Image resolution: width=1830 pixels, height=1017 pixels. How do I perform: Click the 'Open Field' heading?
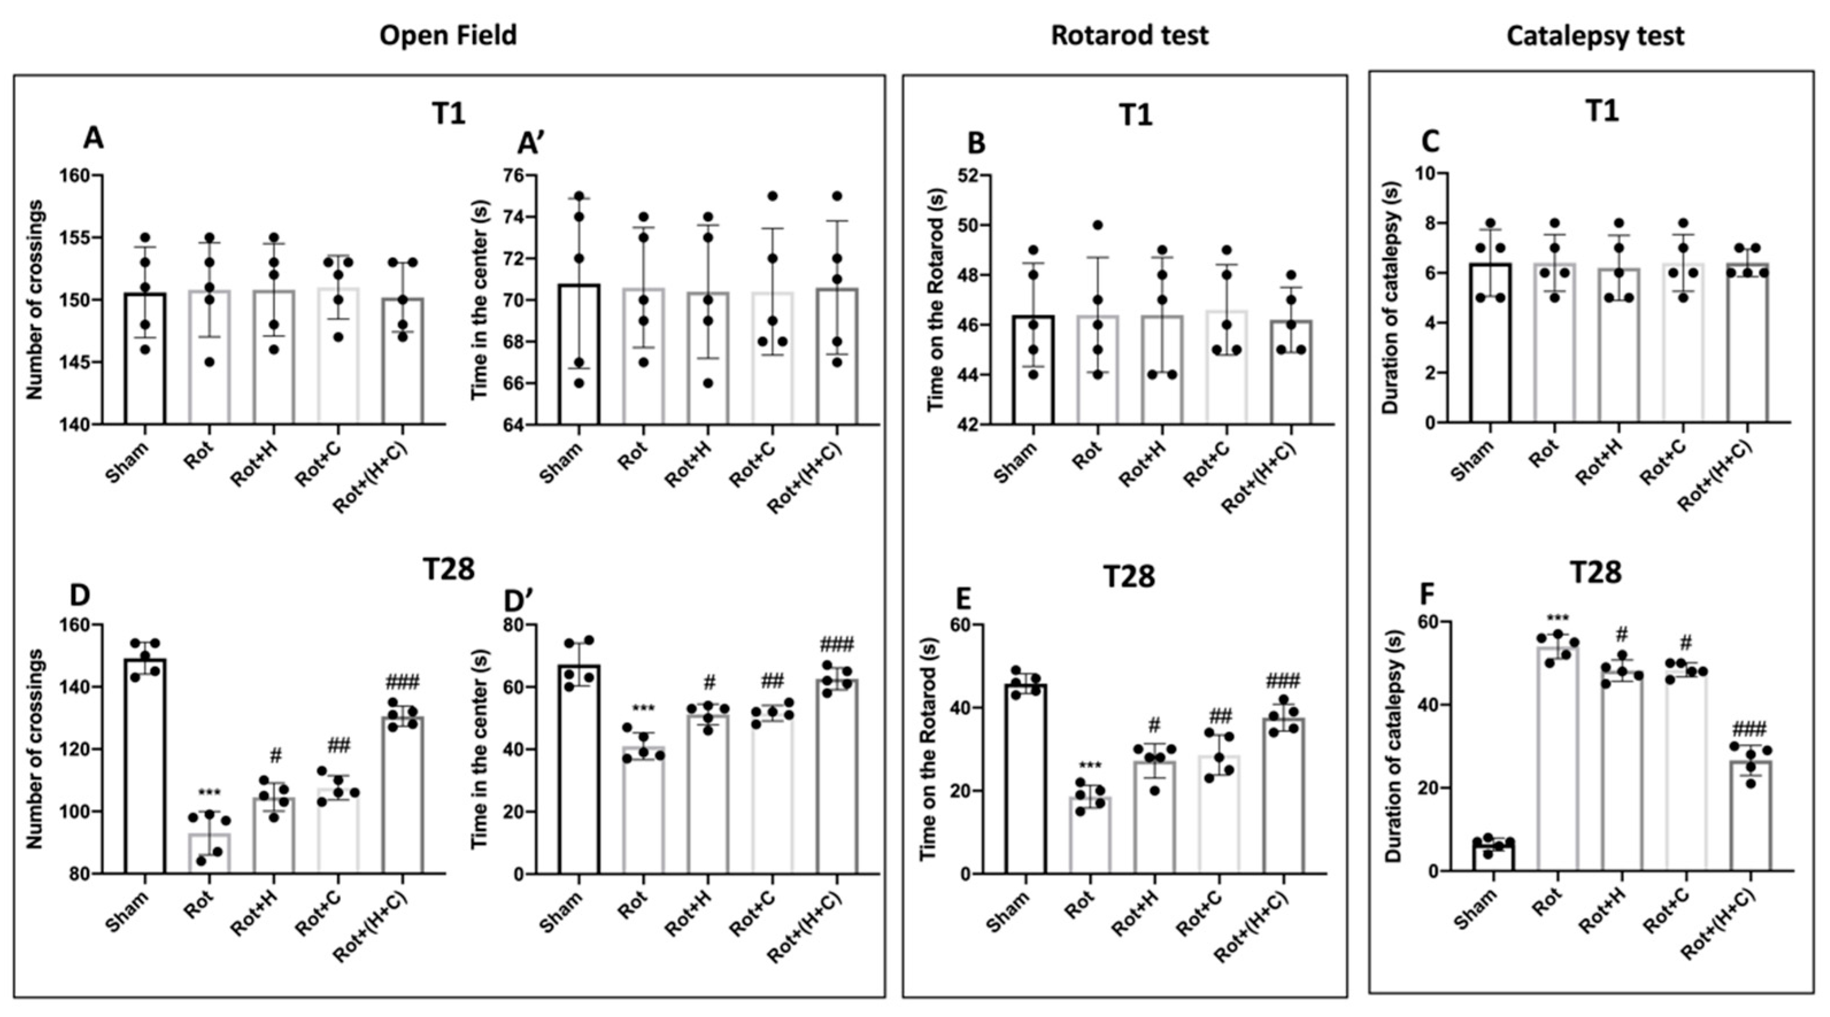[447, 35]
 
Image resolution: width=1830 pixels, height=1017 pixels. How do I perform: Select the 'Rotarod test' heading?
[1130, 35]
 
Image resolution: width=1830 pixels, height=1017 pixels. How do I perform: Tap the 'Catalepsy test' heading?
[1595, 36]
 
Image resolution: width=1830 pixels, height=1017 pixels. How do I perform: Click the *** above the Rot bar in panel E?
[1090, 766]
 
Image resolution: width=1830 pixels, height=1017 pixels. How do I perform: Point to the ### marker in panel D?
[402, 683]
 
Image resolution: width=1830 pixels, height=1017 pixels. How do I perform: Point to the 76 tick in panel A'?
[522, 175]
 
